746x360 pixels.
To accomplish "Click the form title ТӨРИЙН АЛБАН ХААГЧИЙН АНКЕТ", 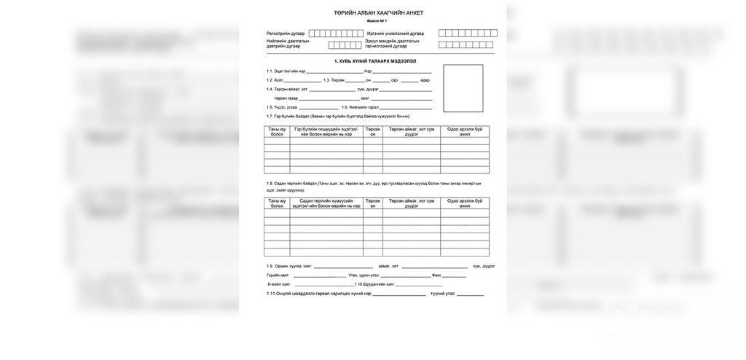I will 378,13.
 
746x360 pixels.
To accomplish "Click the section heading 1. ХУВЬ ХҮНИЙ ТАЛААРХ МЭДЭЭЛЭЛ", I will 374,61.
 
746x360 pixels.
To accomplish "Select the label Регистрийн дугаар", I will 286,34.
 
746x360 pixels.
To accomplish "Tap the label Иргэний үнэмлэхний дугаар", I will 395,34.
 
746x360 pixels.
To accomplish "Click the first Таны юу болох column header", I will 277,132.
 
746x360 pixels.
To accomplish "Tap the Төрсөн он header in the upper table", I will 373,132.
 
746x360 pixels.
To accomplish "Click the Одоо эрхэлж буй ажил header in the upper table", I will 464,132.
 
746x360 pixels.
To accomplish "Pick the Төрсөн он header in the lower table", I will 373,203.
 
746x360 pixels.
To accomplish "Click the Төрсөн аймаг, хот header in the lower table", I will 411,203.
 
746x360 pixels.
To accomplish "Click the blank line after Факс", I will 453,275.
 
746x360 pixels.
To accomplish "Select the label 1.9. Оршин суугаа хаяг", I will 289,266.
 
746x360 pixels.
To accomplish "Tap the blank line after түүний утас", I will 470,294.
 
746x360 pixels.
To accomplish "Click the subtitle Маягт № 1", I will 378,22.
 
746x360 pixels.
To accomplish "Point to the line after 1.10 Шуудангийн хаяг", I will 425,284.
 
